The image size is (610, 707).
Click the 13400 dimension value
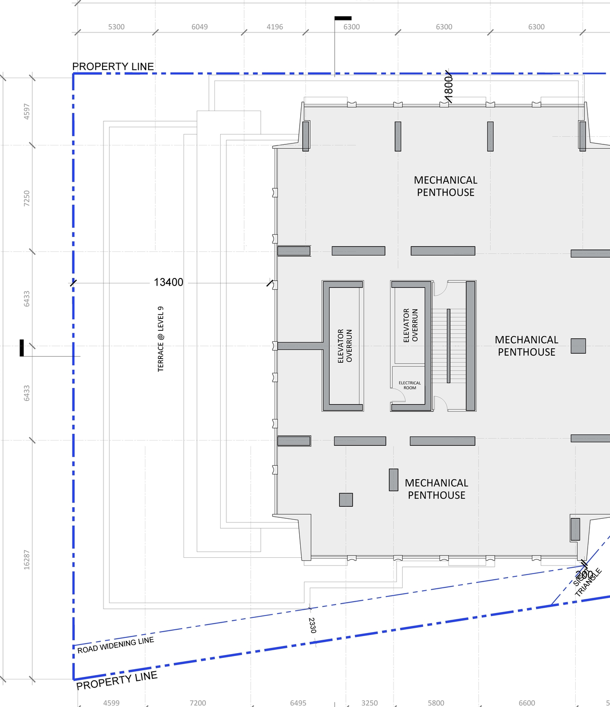pos(168,282)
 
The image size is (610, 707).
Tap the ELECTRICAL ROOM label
pos(410,385)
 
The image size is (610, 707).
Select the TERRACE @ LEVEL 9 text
pos(161,339)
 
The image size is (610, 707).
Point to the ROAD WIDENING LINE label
pos(116,645)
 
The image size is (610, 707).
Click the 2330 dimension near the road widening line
pos(312,625)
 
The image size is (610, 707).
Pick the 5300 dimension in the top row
pos(116,27)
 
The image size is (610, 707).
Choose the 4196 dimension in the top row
pos(274,27)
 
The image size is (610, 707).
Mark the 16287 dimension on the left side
pos(27,559)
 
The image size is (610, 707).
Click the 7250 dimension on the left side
pos(27,198)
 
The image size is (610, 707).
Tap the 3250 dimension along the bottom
pos(369,703)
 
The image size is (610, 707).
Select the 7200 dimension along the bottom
pos(198,703)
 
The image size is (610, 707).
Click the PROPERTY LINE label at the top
pos(113,66)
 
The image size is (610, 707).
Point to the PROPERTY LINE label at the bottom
pos(117,680)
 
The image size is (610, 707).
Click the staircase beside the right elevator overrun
pos(448,346)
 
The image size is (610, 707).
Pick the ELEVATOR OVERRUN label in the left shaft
pos(345,346)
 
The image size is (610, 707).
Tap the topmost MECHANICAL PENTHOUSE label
pos(446,186)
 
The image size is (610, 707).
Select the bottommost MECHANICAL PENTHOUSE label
pos(437,489)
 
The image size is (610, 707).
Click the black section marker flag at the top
pos(343,18)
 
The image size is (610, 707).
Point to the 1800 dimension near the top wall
pos(448,88)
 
